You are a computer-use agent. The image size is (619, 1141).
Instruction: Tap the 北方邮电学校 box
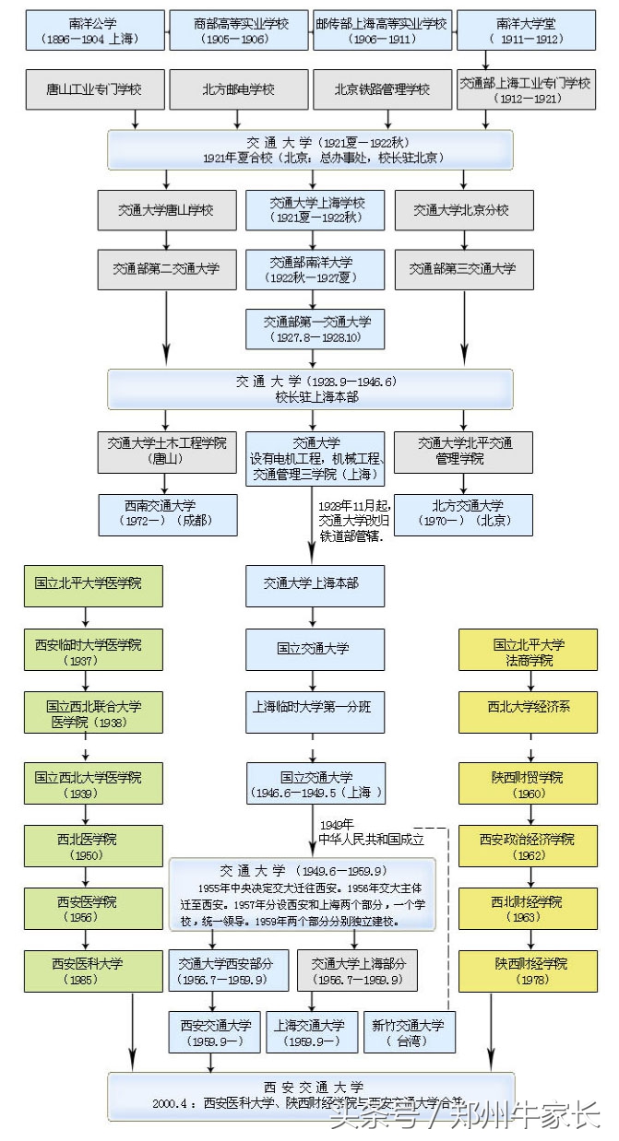tap(238, 90)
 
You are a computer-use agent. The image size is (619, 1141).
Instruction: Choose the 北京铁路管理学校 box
tap(383, 90)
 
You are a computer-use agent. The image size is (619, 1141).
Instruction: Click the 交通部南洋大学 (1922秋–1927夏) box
tap(315, 269)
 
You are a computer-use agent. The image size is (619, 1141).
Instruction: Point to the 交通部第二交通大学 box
tap(167, 269)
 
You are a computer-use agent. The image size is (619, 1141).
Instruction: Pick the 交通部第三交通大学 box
tap(463, 269)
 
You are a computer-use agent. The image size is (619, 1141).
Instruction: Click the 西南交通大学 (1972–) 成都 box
tap(167, 513)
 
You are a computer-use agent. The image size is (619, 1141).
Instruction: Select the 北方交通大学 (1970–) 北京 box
tap(463, 513)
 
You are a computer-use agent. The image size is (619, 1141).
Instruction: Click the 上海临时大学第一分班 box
tap(315, 708)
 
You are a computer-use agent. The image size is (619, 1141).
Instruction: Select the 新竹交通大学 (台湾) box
tap(408, 1031)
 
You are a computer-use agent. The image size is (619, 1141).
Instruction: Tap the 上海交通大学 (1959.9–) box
tap(311, 1031)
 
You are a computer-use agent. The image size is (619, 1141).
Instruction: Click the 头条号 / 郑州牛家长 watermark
tap(466, 1117)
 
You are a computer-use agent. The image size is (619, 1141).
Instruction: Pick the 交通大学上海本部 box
tap(315, 583)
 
